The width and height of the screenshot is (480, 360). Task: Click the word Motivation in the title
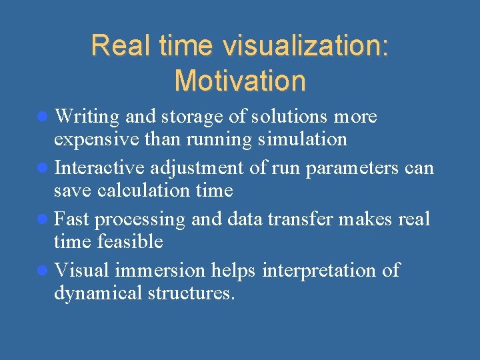point(239,81)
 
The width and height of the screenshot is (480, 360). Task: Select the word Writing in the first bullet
point(87,117)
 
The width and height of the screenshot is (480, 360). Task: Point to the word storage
point(191,117)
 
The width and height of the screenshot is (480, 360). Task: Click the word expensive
point(93,139)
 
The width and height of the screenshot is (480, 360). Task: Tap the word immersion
point(161,271)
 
